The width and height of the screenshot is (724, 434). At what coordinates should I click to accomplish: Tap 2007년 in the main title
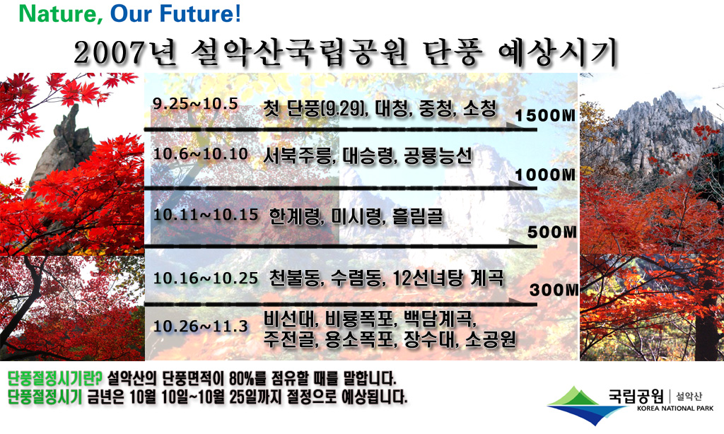click(125, 52)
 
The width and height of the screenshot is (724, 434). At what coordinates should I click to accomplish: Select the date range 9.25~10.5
click(195, 104)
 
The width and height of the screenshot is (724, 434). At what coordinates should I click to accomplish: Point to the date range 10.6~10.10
click(200, 154)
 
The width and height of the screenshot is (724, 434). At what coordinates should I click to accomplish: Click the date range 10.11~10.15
click(206, 215)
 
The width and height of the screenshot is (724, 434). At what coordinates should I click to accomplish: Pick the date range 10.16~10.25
click(206, 278)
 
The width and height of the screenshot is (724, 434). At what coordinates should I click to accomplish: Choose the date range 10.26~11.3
click(200, 326)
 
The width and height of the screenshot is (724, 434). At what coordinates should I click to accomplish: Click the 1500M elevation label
click(545, 115)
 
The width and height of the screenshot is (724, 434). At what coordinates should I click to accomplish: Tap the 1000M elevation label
click(545, 175)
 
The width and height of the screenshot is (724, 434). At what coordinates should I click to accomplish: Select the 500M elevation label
click(551, 232)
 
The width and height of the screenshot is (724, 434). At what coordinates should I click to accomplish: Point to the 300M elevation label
click(553, 290)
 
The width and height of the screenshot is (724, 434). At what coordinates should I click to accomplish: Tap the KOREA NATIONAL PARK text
click(675, 408)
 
